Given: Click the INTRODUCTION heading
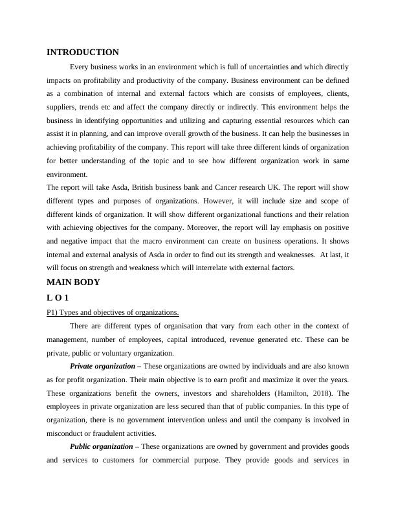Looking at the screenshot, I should coord(83,52).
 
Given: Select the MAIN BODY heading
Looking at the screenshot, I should coord(73,282).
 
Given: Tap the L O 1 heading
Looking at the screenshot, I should coord(58,297).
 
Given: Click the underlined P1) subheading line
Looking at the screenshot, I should coord(113,312).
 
